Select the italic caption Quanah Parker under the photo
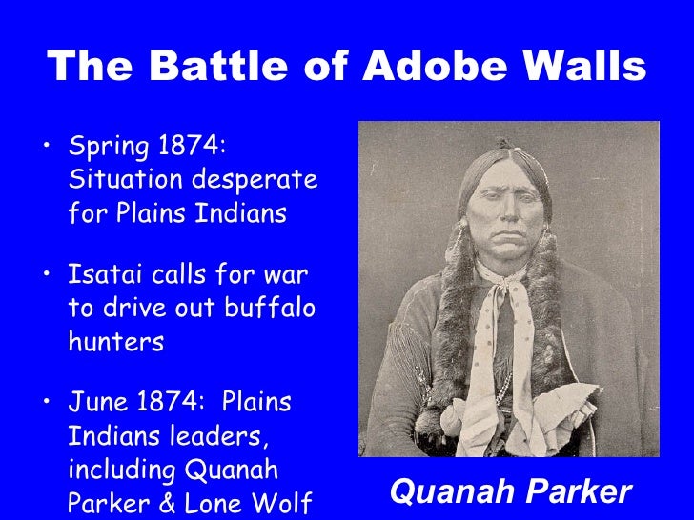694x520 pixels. (510, 491)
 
